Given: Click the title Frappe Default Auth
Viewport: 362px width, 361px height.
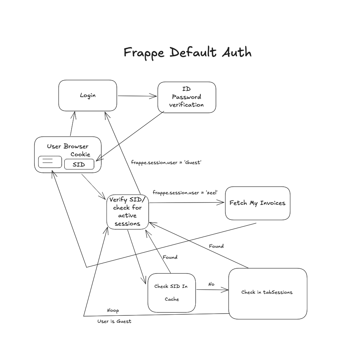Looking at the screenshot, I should coord(187,53).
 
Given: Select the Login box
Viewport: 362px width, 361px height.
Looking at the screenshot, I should coord(88,96).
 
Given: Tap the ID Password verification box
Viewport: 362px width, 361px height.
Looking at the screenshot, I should coord(187,97).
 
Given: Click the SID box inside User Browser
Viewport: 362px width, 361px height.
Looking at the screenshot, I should coord(79,164).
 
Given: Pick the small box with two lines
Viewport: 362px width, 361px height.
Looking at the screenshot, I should coord(50,162).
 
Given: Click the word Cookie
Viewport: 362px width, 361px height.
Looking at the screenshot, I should coord(80,154).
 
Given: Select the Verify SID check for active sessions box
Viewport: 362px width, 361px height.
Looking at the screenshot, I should coord(127,212).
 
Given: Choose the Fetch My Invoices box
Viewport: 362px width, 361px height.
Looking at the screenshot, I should coord(257,203).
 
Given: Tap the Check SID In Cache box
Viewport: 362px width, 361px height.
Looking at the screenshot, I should coord(171,293).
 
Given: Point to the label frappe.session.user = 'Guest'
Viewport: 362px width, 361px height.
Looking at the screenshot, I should coord(166,162).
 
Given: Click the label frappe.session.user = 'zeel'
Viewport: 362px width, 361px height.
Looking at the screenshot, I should coord(185,192).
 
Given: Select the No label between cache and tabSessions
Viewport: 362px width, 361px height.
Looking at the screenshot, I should coord(211,284).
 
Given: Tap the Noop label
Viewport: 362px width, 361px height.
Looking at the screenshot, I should coord(113,311).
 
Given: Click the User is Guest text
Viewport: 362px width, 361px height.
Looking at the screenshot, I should coord(114,321).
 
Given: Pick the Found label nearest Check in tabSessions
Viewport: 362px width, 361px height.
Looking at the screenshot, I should coord(216,246).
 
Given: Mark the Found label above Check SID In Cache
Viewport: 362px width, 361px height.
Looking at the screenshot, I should coord(170,257).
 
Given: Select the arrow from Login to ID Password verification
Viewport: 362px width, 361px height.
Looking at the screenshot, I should coord(137,96).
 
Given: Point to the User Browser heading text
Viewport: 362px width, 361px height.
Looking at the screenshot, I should coord(68,146).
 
